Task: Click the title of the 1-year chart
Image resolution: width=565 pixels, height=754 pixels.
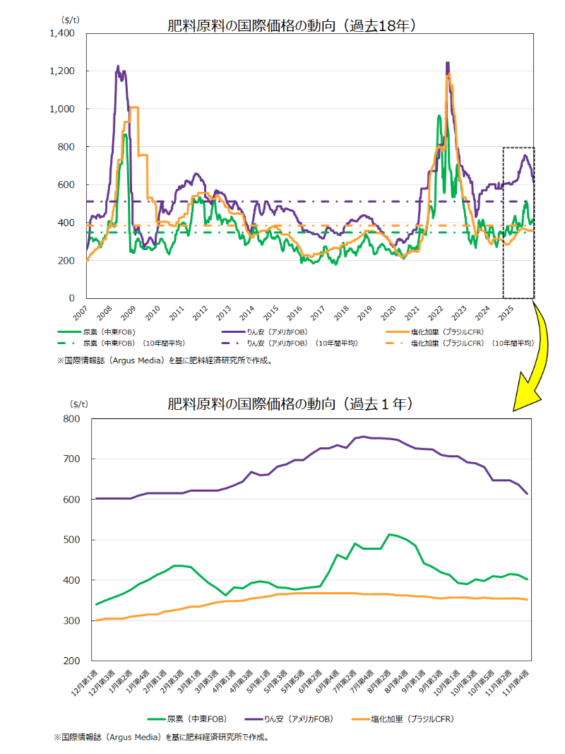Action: pyautogui.click(x=290, y=404)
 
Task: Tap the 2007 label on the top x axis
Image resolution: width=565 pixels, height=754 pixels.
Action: pyautogui.click(x=81, y=312)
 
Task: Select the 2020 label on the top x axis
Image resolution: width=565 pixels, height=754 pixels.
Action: pyautogui.click(x=388, y=312)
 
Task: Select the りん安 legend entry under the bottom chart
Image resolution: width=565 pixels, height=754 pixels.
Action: pyautogui.click(x=286, y=719)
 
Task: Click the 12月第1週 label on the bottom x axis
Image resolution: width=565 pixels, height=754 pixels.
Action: pyautogui.click(x=88, y=682)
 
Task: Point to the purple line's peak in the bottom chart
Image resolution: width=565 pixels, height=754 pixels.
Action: pyautogui.click(x=364, y=436)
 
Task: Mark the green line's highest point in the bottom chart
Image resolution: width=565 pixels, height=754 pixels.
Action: pyautogui.click(x=390, y=534)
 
